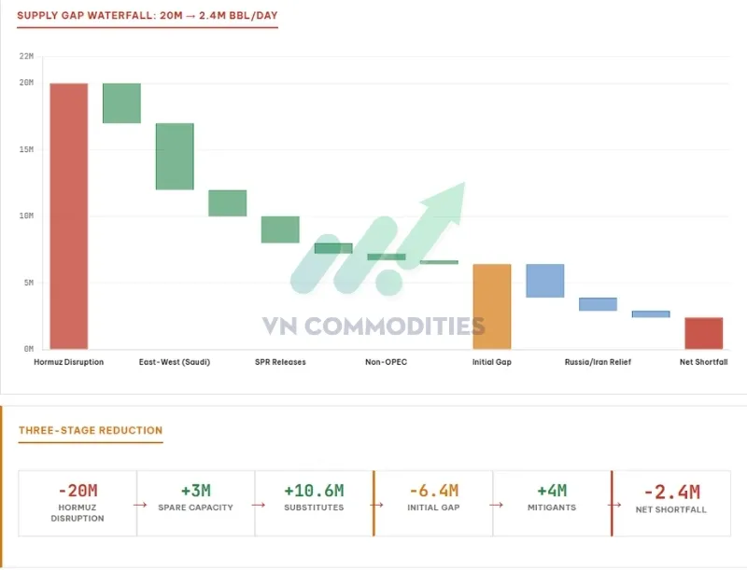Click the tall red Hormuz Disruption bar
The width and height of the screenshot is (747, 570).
click(x=69, y=215)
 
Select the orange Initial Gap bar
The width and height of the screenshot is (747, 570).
click(x=491, y=306)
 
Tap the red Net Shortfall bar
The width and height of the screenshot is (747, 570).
click(x=703, y=333)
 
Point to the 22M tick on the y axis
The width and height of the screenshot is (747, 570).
click(x=26, y=57)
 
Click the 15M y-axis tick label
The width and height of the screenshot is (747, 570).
click(x=26, y=149)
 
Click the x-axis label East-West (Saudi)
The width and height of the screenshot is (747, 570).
click(x=174, y=362)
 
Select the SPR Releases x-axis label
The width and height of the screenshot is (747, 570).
click(x=280, y=362)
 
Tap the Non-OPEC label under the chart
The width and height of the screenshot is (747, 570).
click(x=386, y=362)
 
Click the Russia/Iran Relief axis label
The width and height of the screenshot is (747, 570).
click(x=598, y=362)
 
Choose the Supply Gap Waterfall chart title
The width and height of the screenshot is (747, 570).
click(x=148, y=16)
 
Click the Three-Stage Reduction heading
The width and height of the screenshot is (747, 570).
click(x=91, y=430)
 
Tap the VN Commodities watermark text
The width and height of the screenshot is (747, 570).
click(x=373, y=326)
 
